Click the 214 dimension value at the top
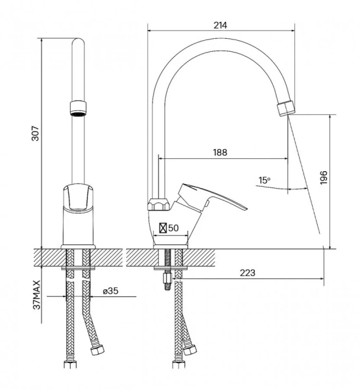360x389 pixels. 220,25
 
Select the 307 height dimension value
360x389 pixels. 35,134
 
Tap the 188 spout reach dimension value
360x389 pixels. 220,152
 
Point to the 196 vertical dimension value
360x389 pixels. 324,178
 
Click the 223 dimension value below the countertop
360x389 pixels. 247,273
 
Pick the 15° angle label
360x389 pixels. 264,180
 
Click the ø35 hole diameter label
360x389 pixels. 111,290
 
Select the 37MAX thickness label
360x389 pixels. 36,295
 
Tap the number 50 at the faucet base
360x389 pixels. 173,228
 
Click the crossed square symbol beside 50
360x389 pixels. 163,228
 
